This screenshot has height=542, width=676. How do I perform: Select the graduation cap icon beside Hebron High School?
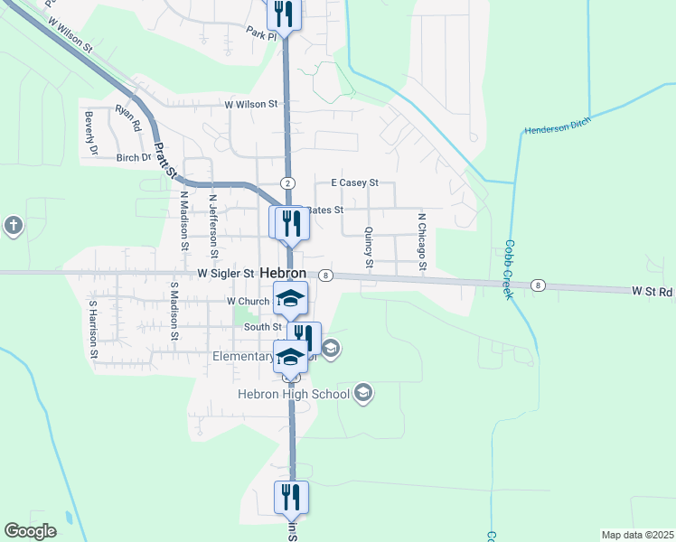pyautogui.click(x=363, y=392)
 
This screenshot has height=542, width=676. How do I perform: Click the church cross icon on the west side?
pyautogui.click(x=13, y=225)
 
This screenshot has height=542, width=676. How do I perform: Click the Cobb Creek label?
pyautogui.click(x=509, y=268)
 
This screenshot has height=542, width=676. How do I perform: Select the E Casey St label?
pyautogui.click(x=354, y=182)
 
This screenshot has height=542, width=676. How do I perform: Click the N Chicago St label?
pyautogui.click(x=421, y=241)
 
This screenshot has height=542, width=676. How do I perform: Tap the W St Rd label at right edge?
pyautogui.click(x=653, y=291)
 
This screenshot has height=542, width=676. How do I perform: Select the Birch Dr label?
pyautogui.click(x=134, y=157)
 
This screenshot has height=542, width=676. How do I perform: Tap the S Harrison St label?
pyautogui.click(x=92, y=330)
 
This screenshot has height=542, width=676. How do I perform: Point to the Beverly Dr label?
pyautogui.click(x=89, y=133)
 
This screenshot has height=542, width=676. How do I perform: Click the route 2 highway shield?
pyautogui.click(x=287, y=182)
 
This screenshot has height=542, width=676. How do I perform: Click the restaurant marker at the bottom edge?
pyautogui.click(x=291, y=497)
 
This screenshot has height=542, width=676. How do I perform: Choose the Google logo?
pyautogui.click(x=30, y=531)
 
